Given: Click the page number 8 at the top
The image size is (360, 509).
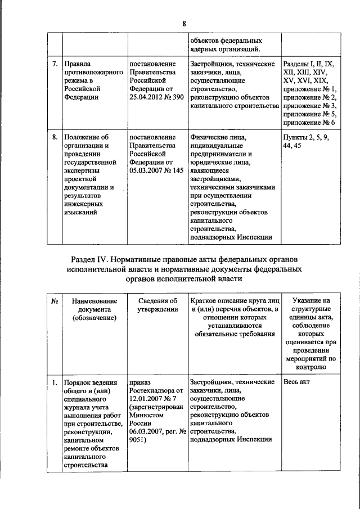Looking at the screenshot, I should pyautogui.click(x=183, y=23).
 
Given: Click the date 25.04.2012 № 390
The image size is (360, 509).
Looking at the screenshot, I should pyautogui.click(x=156, y=97).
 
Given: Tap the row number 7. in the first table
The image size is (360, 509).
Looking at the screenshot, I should pyautogui.click(x=55, y=64).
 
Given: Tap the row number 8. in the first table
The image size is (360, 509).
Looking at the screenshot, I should pyautogui.click(x=55, y=137).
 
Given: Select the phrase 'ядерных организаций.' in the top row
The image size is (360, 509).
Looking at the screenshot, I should pyautogui.click(x=225, y=48).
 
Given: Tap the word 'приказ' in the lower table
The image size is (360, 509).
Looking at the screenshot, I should pyautogui.click(x=140, y=382).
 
